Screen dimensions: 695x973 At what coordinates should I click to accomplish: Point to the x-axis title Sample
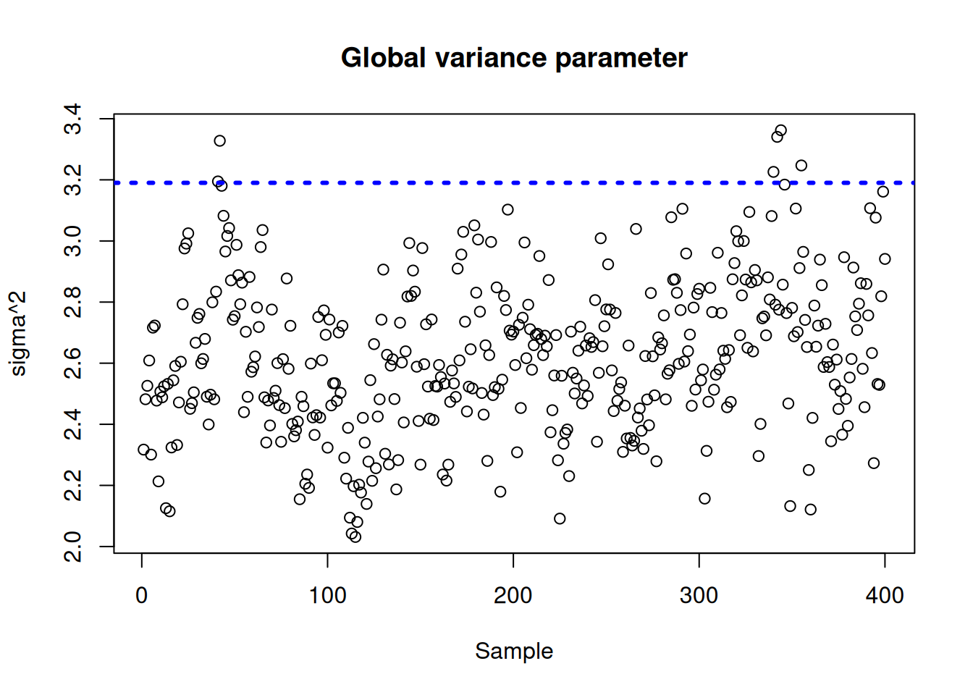(x=514, y=651)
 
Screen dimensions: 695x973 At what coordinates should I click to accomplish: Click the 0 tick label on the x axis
(x=142, y=596)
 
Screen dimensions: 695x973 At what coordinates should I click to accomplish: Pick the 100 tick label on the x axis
(x=327, y=596)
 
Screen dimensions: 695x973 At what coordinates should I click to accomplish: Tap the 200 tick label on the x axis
(x=513, y=596)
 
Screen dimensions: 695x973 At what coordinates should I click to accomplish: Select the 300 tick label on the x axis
(x=699, y=596)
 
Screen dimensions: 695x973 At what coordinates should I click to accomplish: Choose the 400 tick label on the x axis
(x=885, y=596)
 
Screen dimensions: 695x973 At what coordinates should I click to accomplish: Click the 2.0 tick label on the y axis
(x=73, y=546)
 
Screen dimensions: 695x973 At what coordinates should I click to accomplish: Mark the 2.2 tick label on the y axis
(x=73, y=485)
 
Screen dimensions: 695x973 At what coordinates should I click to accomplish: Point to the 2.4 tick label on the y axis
(x=73, y=424)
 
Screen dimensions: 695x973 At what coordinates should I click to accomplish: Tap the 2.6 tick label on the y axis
(x=73, y=363)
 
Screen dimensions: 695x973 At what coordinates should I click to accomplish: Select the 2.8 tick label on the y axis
(x=73, y=302)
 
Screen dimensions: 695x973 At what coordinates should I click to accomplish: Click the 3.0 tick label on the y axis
(x=73, y=240)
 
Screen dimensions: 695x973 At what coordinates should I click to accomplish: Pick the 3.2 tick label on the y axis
(x=73, y=180)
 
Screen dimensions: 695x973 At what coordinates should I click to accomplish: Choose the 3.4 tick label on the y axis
(x=73, y=119)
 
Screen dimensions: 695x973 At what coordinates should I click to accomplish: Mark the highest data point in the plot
(x=780, y=131)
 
